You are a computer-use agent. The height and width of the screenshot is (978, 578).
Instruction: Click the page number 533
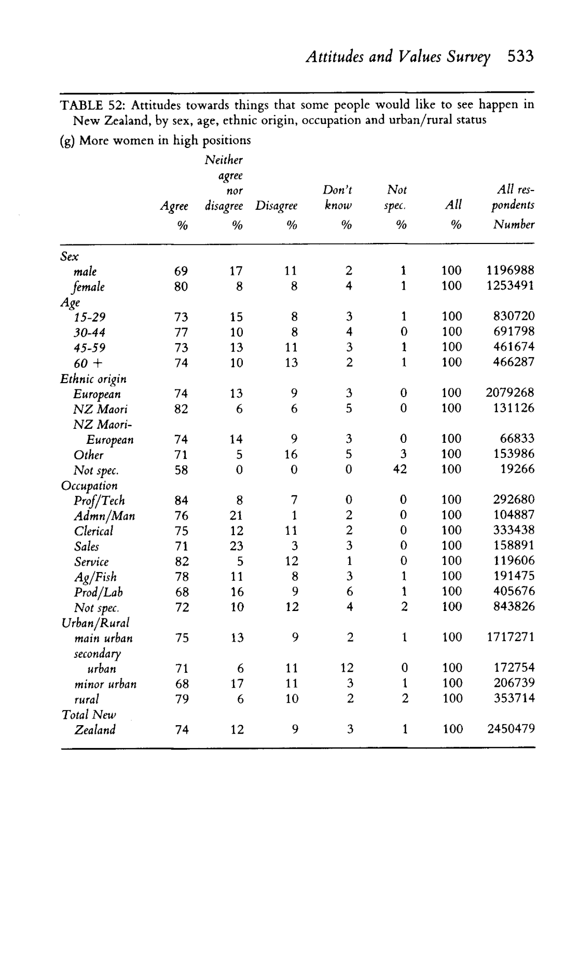(520, 56)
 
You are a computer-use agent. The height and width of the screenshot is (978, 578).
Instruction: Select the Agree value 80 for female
(181, 286)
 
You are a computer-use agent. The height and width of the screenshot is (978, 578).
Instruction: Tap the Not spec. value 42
(400, 469)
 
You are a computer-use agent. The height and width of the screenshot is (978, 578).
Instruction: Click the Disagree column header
(277, 206)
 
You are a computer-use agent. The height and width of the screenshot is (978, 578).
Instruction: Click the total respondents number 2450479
(511, 729)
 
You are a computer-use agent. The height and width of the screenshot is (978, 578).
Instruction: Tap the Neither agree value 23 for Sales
(237, 546)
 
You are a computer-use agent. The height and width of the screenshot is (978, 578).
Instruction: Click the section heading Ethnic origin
(93, 379)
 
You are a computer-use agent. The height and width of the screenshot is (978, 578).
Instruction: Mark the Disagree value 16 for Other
(291, 455)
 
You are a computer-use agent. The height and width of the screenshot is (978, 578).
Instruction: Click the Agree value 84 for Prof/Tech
(181, 500)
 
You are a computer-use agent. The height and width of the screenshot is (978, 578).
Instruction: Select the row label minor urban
(105, 684)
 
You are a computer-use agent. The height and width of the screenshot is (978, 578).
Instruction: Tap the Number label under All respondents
(514, 224)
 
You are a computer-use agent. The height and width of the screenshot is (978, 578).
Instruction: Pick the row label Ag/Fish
(95, 577)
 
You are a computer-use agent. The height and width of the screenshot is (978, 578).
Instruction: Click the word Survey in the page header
(471, 56)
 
